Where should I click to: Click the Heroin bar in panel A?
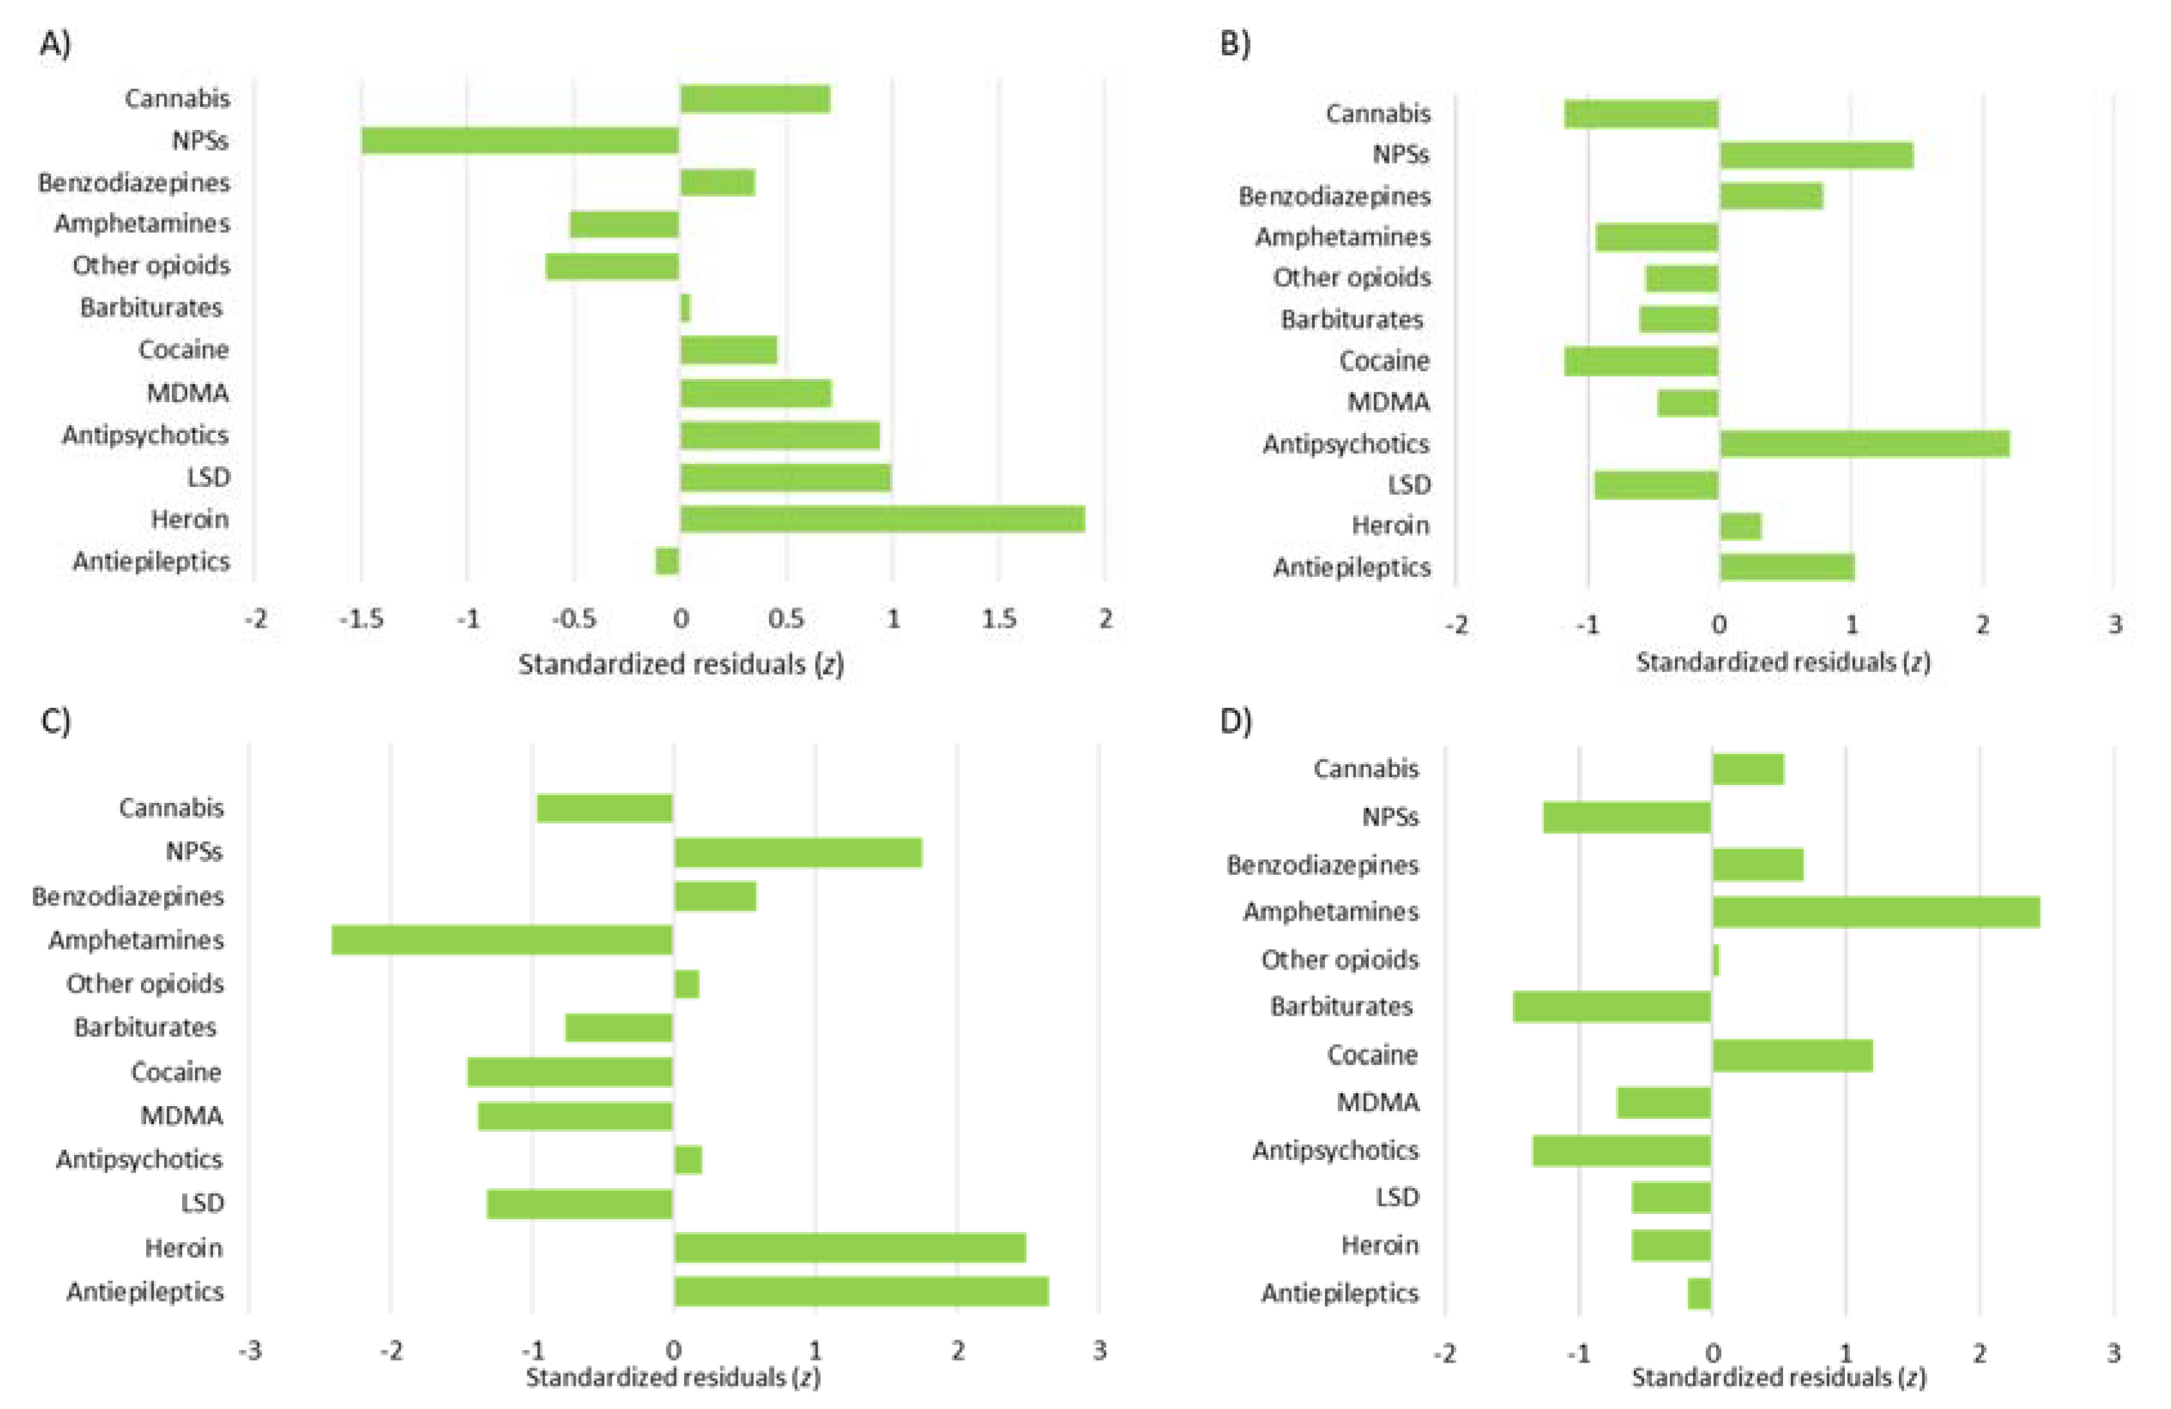pos(882,519)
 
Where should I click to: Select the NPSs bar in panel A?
pos(520,140)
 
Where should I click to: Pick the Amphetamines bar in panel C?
pos(502,940)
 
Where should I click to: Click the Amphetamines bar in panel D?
pos(1876,912)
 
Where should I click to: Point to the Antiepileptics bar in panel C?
pos(861,1291)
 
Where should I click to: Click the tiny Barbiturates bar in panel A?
pos(685,308)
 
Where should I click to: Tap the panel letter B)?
pos(1235,43)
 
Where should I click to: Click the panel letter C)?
pos(55,721)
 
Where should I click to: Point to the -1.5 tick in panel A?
pos(362,620)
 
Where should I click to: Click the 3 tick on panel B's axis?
pos(2114,625)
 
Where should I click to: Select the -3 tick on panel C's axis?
pos(250,1350)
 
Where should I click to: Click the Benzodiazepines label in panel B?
pos(1333,196)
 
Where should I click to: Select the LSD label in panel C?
pos(201,1202)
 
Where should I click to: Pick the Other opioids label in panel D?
pos(1339,959)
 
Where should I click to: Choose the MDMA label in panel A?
pos(187,393)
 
